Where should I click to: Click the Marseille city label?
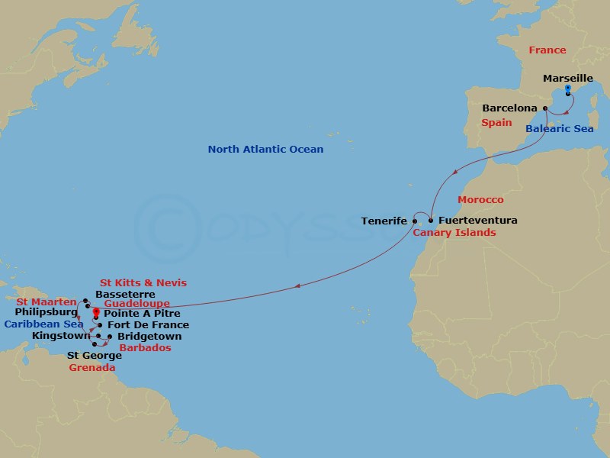point(568,78)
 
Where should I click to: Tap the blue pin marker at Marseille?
point(568,90)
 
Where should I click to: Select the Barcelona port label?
point(510,108)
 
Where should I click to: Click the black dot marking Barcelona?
point(545,108)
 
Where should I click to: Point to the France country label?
point(547,50)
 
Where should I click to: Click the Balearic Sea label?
point(559,129)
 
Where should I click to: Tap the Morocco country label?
point(480,200)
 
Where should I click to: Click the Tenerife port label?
point(384,221)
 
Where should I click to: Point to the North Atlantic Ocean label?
point(265,150)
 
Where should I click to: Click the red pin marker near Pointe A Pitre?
point(96,312)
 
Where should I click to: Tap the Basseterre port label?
point(125,294)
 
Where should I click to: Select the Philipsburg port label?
point(47,312)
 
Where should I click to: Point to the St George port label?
point(94,355)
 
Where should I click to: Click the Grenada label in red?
point(91,367)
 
